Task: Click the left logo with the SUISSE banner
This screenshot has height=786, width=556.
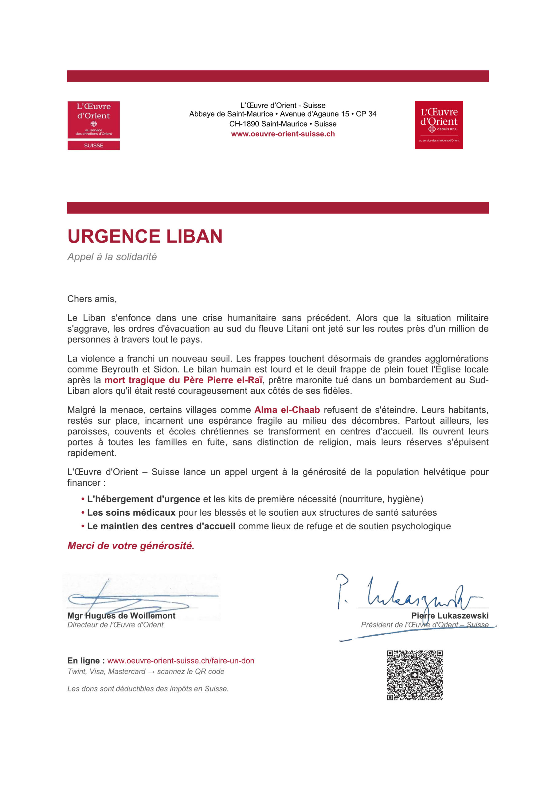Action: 93,125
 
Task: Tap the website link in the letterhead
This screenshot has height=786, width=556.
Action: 283,134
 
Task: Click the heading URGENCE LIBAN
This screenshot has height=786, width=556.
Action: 145,236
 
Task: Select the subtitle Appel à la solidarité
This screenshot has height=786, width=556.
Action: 112,257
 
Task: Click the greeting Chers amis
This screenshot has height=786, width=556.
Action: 92,299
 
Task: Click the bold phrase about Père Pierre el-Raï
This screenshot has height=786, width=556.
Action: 183,380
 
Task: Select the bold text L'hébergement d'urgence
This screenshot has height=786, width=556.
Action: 143,499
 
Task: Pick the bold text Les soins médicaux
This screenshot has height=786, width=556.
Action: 131,512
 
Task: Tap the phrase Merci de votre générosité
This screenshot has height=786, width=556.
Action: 131,546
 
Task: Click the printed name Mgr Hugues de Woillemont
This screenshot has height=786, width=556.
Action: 121,616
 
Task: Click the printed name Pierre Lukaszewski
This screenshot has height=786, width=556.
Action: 450,616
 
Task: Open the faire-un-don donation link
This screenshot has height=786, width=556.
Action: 181,661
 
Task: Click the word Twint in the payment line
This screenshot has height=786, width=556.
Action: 76,671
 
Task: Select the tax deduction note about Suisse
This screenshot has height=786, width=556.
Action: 148,688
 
